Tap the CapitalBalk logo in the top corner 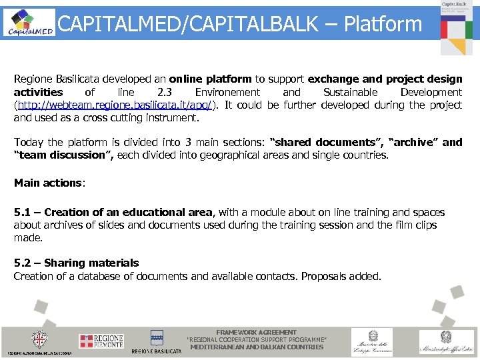[x=457, y=27]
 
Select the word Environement [x=227, y=92]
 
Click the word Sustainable [x=350, y=92]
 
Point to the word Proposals [x=324, y=276]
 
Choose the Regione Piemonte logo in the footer [x=101, y=341]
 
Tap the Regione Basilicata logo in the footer [x=157, y=341]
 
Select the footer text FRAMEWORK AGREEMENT [x=257, y=332]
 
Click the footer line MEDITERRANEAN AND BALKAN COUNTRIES [x=257, y=347]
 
